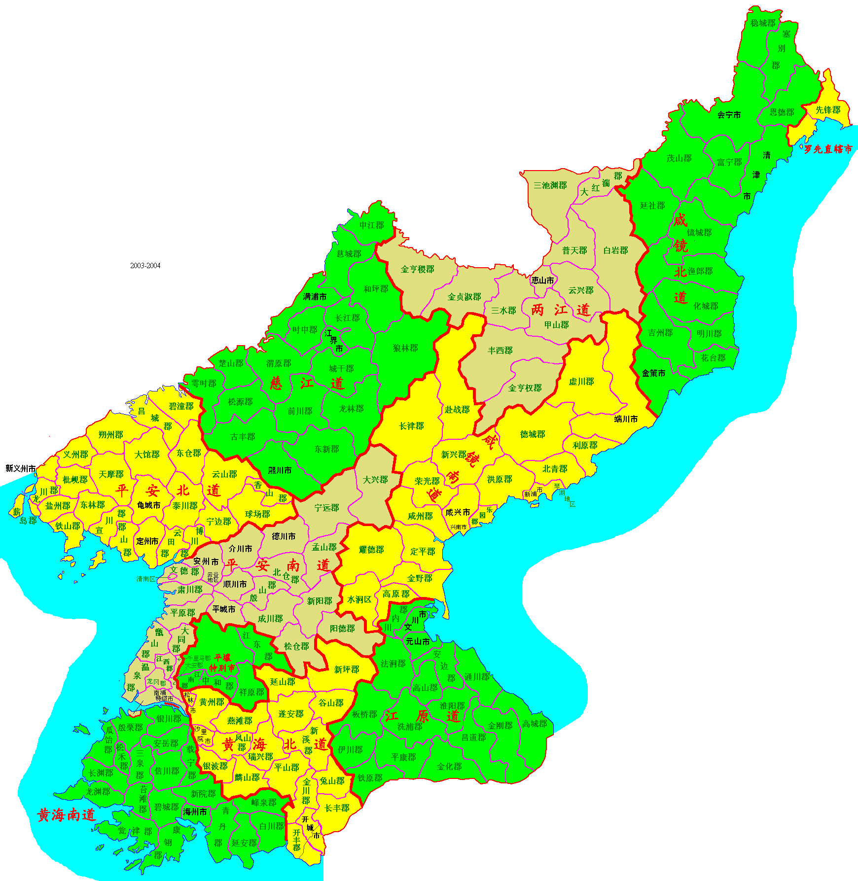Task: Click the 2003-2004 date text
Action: tap(145, 265)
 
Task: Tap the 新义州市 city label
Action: tap(21, 468)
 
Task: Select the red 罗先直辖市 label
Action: tap(828, 149)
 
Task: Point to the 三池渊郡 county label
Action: tap(550, 185)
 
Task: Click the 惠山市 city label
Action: tap(542, 280)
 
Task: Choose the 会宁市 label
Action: tap(729, 115)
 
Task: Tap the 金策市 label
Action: tap(653, 373)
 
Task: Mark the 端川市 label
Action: tap(626, 419)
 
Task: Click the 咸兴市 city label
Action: tap(458, 512)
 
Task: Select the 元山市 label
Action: tap(418, 641)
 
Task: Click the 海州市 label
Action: tap(195, 812)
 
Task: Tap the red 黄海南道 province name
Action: tap(66, 815)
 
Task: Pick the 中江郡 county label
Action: tap(371, 225)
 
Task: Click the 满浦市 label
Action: tap(315, 296)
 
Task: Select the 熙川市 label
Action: tap(280, 470)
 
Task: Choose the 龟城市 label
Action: tap(148, 505)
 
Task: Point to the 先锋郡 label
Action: tap(827, 110)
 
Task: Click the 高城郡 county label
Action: tap(535, 723)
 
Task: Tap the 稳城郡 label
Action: tap(762, 23)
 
